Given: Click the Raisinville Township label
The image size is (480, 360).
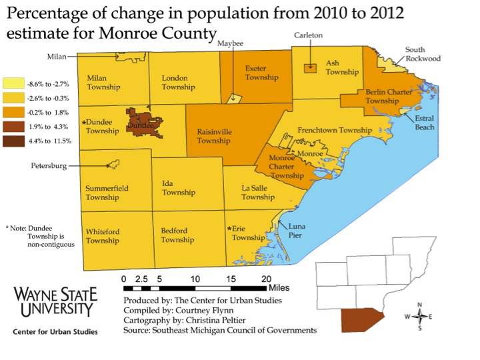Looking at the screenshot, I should point(214,136).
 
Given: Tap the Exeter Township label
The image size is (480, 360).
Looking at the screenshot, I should point(261,73).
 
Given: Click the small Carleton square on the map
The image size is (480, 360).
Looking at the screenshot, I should point(309,68).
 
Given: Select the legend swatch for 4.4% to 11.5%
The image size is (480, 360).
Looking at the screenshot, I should point(13,141).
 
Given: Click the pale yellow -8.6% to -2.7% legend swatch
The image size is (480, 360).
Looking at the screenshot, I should point(13,84).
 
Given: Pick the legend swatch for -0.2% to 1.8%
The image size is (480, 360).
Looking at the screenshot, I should point(13,112).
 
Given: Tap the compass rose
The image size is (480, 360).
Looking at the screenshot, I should point(419,317).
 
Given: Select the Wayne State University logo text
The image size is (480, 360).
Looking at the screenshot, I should point(55,301).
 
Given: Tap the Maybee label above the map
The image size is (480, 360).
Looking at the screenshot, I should point(230,43).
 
